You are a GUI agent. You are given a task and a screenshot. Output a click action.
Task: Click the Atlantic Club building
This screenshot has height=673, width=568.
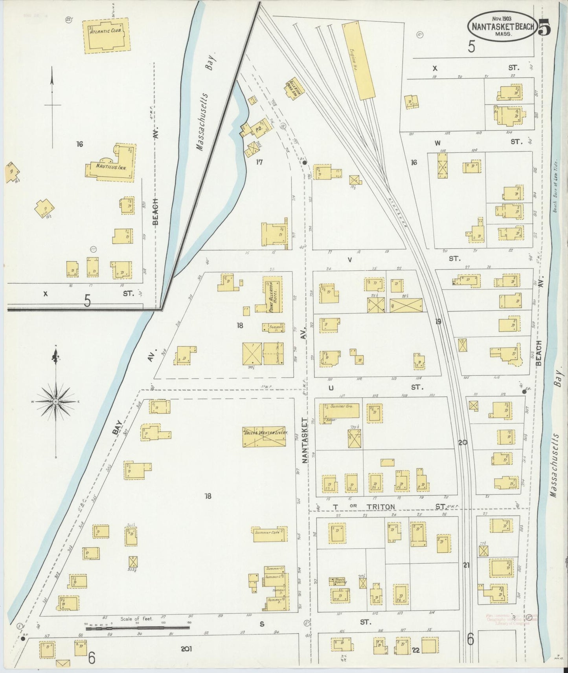(x=107, y=37)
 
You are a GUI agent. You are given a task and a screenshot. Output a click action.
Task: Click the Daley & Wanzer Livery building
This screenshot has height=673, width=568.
(x=264, y=436)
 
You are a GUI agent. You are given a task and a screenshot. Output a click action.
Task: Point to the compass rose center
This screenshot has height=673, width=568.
(x=56, y=402)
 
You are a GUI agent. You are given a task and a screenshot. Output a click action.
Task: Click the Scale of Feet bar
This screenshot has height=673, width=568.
(x=138, y=628)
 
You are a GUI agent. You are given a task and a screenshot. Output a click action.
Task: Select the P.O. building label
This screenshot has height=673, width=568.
(x=259, y=128)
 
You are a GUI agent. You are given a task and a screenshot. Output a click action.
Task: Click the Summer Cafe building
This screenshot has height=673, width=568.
(x=270, y=534)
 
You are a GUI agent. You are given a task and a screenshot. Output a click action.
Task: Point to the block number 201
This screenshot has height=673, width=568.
(x=186, y=649)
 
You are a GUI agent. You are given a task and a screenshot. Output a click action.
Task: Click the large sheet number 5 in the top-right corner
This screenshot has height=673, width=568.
(x=544, y=27)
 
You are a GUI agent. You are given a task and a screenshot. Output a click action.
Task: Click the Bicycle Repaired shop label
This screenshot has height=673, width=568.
(x=337, y=580)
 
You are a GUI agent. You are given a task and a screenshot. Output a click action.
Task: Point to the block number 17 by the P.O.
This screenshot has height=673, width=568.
(x=259, y=162)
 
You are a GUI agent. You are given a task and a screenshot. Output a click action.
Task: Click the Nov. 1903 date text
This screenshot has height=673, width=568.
(x=501, y=18)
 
